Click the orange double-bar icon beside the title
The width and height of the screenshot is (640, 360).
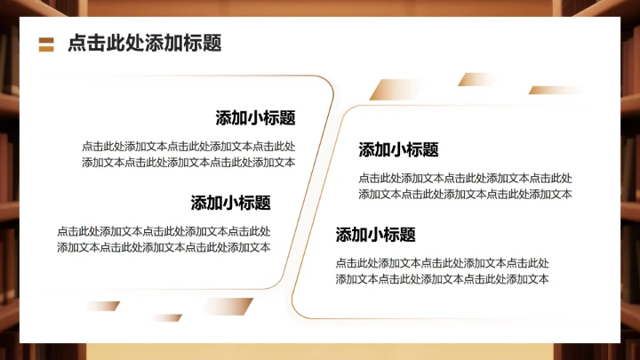click(x=47, y=44)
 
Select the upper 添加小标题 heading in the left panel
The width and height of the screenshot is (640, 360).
click(x=255, y=118)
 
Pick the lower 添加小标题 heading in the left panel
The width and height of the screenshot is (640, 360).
click(x=230, y=203)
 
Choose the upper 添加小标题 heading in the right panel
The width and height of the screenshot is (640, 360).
click(x=398, y=149)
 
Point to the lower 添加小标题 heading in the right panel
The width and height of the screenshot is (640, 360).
click(x=375, y=235)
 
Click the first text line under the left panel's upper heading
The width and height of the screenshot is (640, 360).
click(x=188, y=147)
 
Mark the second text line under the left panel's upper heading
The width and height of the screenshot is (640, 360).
click(x=188, y=162)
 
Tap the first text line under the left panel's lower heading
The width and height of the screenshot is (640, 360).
click(x=164, y=231)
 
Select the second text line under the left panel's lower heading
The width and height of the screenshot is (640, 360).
click(x=164, y=247)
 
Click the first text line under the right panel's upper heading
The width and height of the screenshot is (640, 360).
click(x=465, y=178)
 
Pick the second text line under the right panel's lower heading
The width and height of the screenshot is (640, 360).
click(x=442, y=279)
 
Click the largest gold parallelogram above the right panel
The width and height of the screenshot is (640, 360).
click(x=397, y=89)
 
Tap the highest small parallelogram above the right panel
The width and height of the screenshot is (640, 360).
click(x=478, y=79)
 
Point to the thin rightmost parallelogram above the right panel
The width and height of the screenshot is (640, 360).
click(x=556, y=90)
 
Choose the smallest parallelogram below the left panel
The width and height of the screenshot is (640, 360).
click(x=166, y=317)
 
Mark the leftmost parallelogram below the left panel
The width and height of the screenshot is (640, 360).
click(x=101, y=306)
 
